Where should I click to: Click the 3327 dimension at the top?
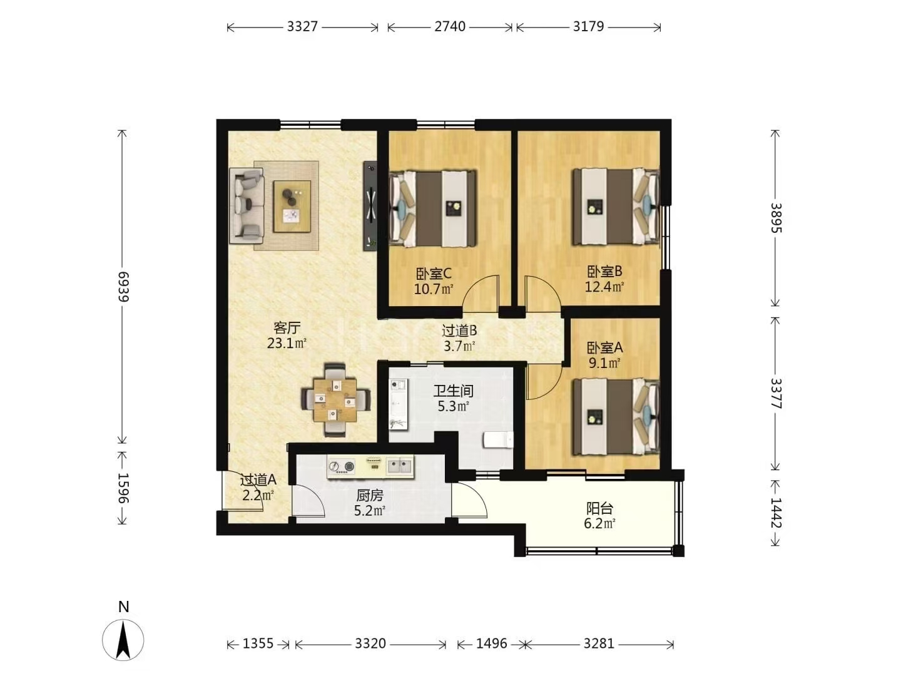[x=302, y=27]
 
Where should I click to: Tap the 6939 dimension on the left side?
[x=123, y=287]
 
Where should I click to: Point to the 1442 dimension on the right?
[x=775, y=513]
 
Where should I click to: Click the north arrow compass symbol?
[x=123, y=645]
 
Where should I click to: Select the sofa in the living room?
[x=247, y=206]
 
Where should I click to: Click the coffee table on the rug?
[x=292, y=207]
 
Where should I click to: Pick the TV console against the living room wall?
[x=370, y=206]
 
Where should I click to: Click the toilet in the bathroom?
[x=498, y=440]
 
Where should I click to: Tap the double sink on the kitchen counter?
[x=399, y=466]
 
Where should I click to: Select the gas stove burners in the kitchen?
[x=342, y=466]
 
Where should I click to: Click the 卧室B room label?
[x=604, y=271]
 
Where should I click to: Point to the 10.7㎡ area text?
[x=434, y=289]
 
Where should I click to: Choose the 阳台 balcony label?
[x=599, y=508]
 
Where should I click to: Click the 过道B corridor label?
[x=459, y=330]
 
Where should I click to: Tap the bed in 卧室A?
[x=616, y=416]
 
